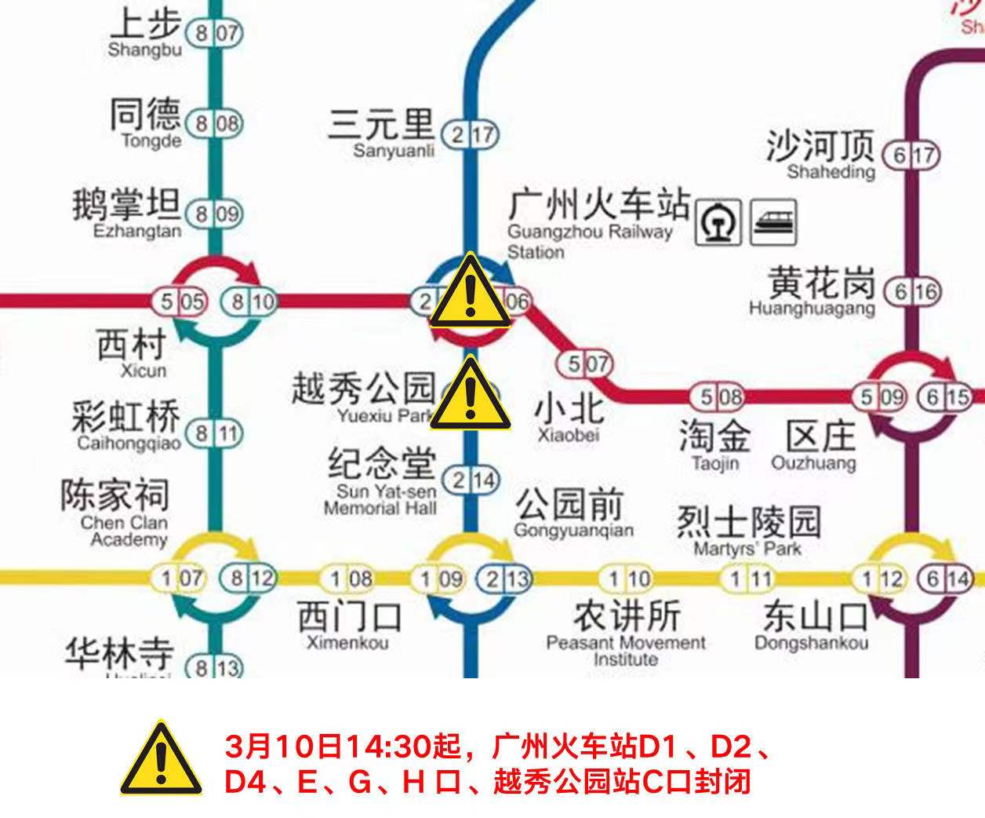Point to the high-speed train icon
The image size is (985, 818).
tap(774, 221)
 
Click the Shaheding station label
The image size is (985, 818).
tap(820, 155)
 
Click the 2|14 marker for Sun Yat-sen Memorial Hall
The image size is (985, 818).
tap(471, 479)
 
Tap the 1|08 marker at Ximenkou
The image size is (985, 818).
tap(349, 579)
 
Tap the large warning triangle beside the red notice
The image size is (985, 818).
tap(161, 758)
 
